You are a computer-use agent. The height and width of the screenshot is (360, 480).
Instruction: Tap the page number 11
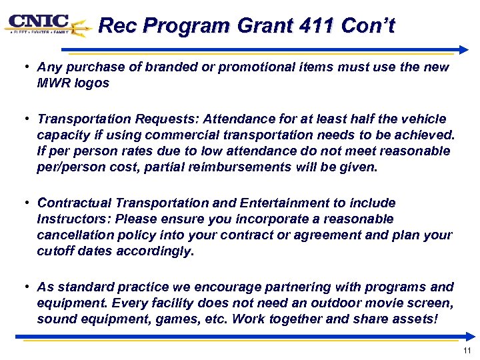pyautogui.click(x=466, y=351)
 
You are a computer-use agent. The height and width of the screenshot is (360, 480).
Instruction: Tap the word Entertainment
pyautogui.click(x=274, y=203)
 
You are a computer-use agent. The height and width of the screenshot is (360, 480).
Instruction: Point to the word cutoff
pyautogui.click(x=55, y=251)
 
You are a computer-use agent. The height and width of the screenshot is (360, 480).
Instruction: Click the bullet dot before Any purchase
pyautogui.click(x=23, y=67)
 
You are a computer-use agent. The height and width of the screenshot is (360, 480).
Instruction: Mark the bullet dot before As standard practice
pyautogui.click(x=23, y=287)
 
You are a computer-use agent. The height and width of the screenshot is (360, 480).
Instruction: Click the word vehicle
pyautogui.click(x=425, y=119)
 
